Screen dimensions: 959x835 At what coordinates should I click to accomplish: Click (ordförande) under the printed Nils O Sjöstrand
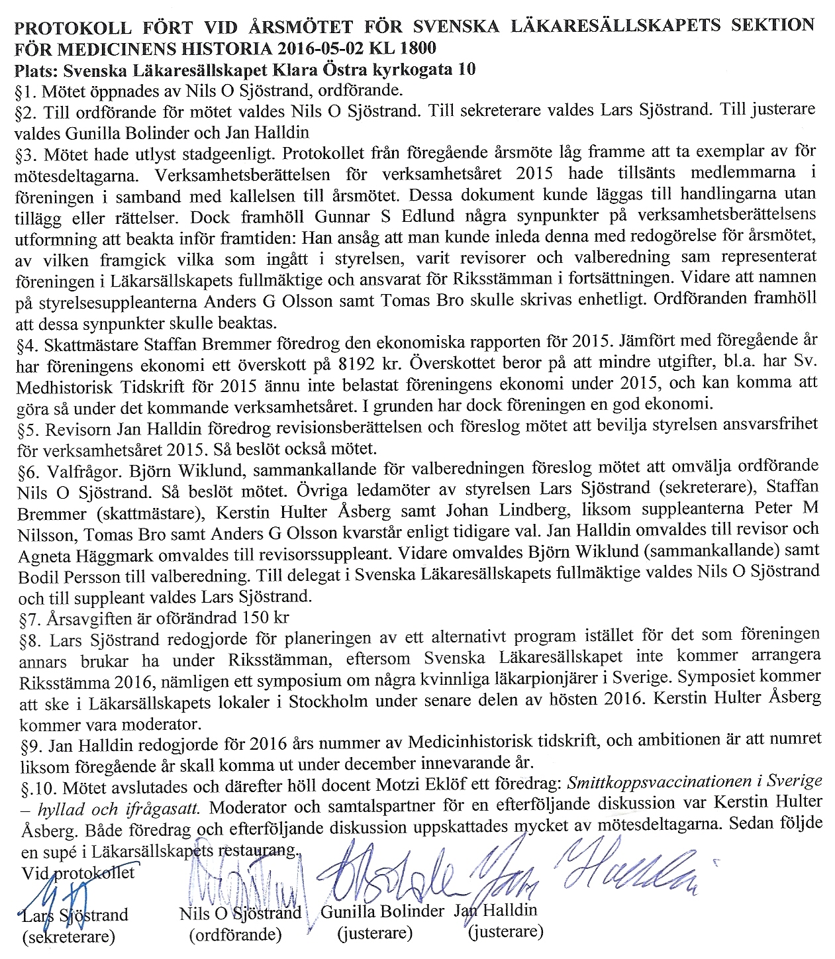click(x=235, y=935)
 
